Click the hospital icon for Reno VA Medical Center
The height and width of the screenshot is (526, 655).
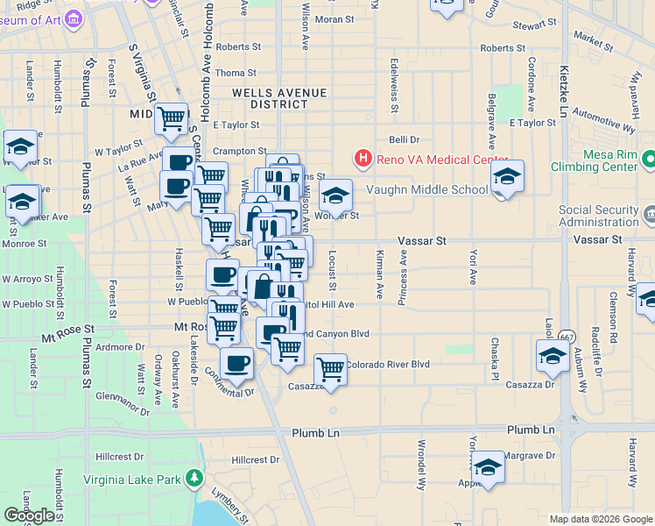click(363, 159)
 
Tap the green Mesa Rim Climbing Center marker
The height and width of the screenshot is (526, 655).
click(648, 160)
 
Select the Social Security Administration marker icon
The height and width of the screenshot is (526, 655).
click(648, 214)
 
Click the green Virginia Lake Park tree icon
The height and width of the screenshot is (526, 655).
click(194, 480)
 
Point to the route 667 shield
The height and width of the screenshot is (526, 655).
click(568, 336)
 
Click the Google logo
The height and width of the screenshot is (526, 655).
click(29, 515)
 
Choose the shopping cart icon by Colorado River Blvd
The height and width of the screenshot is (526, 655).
click(330, 369)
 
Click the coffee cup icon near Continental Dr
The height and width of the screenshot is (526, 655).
click(236, 363)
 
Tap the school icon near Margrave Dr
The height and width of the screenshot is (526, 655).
click(488, 466)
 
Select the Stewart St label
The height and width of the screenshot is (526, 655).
click(535, 25)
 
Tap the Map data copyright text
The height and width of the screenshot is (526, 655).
click(601, 519)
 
